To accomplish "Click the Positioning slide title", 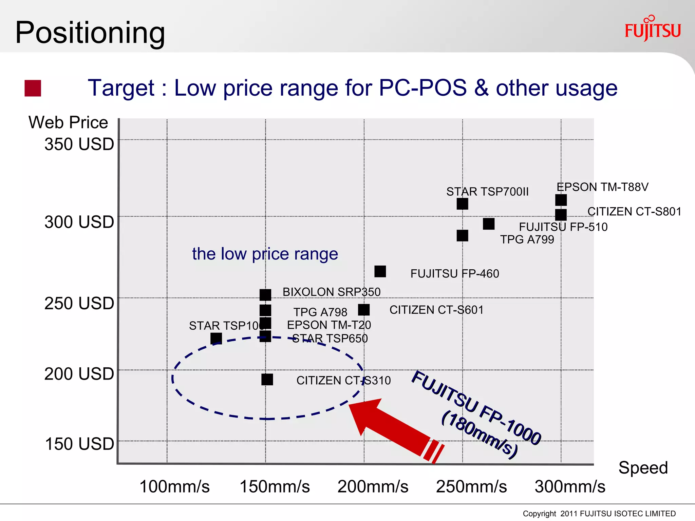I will tap(90, 33).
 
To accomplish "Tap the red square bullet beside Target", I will tap(33, 88).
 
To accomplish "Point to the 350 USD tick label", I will tap(79, 144).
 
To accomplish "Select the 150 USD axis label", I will tap(79, 444).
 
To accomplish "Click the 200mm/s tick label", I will tap(373, 486).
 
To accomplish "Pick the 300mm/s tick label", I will tap(570, 486).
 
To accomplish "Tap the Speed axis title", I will tap(643, 468).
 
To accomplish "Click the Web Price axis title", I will tap(68, 122).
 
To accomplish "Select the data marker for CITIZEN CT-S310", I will tap(267, 379).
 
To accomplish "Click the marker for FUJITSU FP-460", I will tap(380, 271).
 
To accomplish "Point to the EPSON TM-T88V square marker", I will tap(561, 200).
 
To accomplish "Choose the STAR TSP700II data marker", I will tap(462, 204).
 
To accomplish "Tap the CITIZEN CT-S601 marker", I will tap(364, 310).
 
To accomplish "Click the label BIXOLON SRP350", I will tap(331, 292).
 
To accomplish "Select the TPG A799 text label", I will tap(527, 239).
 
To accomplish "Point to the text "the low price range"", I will tap(265, 254).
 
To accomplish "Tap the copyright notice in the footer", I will tap(599, 514).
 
